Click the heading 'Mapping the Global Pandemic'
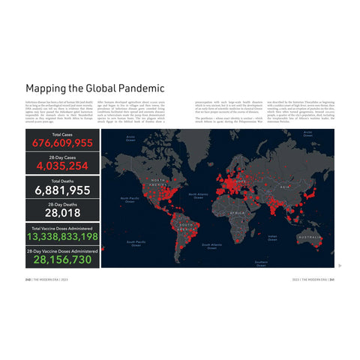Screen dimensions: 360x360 (x=95, y=88)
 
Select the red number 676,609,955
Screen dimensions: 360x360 (x=62, y=143)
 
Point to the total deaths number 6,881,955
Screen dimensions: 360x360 (x=62, y=190)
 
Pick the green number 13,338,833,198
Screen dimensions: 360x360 (x=62, y=236)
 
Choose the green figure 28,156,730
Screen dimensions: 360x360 (x=62, y=259)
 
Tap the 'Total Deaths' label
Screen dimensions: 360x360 (x=62, y=181)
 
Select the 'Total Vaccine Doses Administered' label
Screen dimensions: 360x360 (x=62, y=227)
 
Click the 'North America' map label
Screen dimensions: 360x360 (x=157, y=182)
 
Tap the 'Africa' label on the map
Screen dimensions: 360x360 (x=237, y=212)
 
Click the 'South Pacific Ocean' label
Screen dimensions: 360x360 (x=136, y=243)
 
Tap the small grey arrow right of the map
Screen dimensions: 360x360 (x=340, y=265)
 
